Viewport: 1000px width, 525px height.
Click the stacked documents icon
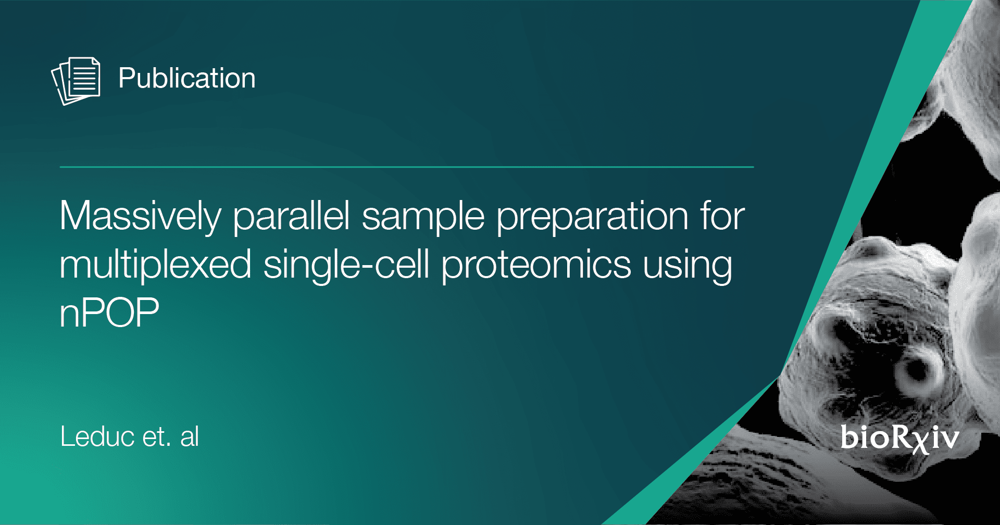[76, 81]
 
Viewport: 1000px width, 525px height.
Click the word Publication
[187, 79]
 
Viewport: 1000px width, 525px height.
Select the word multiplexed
[156, 264]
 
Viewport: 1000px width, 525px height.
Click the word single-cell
[346, 264]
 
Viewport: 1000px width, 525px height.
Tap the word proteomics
[536, 265]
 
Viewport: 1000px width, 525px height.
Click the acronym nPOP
[109, 312]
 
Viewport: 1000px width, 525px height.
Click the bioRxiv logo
[899, 438]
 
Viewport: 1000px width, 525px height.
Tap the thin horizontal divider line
[407, 167]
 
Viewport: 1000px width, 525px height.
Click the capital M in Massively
[77, 216]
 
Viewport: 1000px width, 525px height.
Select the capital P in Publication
[127, 79]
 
